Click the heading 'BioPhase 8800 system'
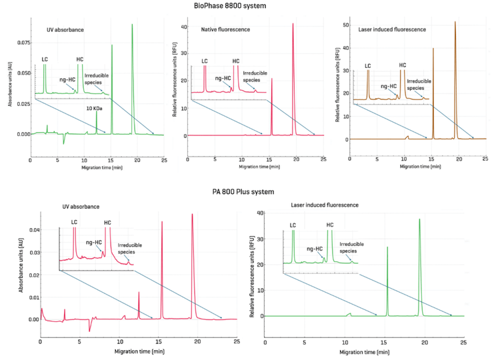click(248, 6)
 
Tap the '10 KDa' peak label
click(94, 108)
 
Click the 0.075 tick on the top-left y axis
click(21, 42)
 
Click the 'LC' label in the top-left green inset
click(45, 59)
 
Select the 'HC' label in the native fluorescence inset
click(235, 61)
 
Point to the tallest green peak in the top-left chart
click(132, 25)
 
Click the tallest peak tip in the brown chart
click(455, 22)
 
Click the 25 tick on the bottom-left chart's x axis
click(236, 341)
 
